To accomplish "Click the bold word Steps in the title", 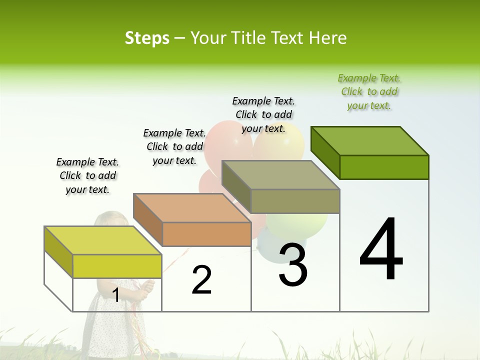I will pyautogui.click(x=147, y=38).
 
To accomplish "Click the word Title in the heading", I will pyautogui.click(x=249, y=38).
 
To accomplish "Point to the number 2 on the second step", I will pyautogui.click(x=201, y=280).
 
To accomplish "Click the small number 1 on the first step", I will pyautogui.click(x=115, y=295).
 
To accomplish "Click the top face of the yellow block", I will pyautogui.click(x=102, y=240).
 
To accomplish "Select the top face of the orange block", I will pyautogui.click(x=192, y=208).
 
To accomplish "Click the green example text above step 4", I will pyautogui.click(x=369, y=92).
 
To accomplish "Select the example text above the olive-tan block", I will pyautogui.click(x=263, y=115).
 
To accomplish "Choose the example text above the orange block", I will pyautogui.click(x=174, y=147).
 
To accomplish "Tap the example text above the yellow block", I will pyautogui.click(x=87, y=176).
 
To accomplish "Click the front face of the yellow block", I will pyautogui.click(x=117, y=266).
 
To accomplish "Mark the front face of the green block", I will pyautogui.click(x=384, y=167).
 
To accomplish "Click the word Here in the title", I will pyautogui.click(x=328, y=38).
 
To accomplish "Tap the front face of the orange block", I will pyautogui.click(x=206, y=234).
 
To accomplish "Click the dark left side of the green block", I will pyautogui.click(x=325, y=152).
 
